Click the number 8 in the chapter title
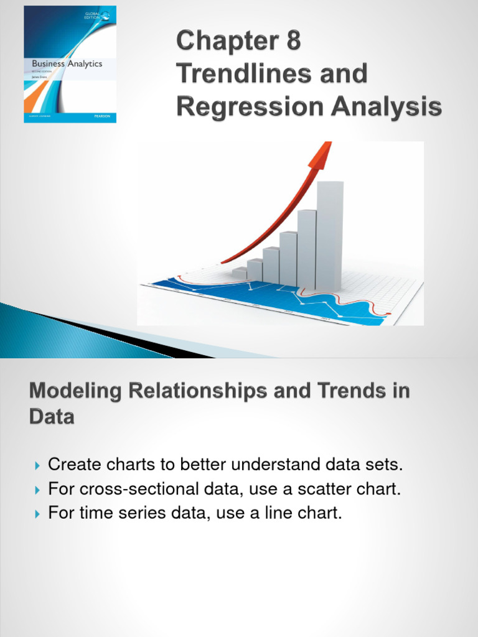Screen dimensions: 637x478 point(291,42)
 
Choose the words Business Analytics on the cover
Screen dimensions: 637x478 point(62,63)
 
